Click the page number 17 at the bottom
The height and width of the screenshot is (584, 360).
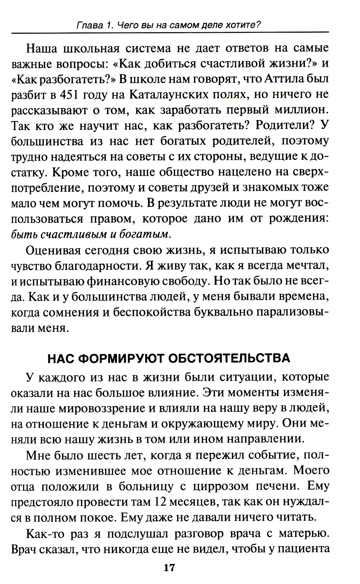point(169,569)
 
